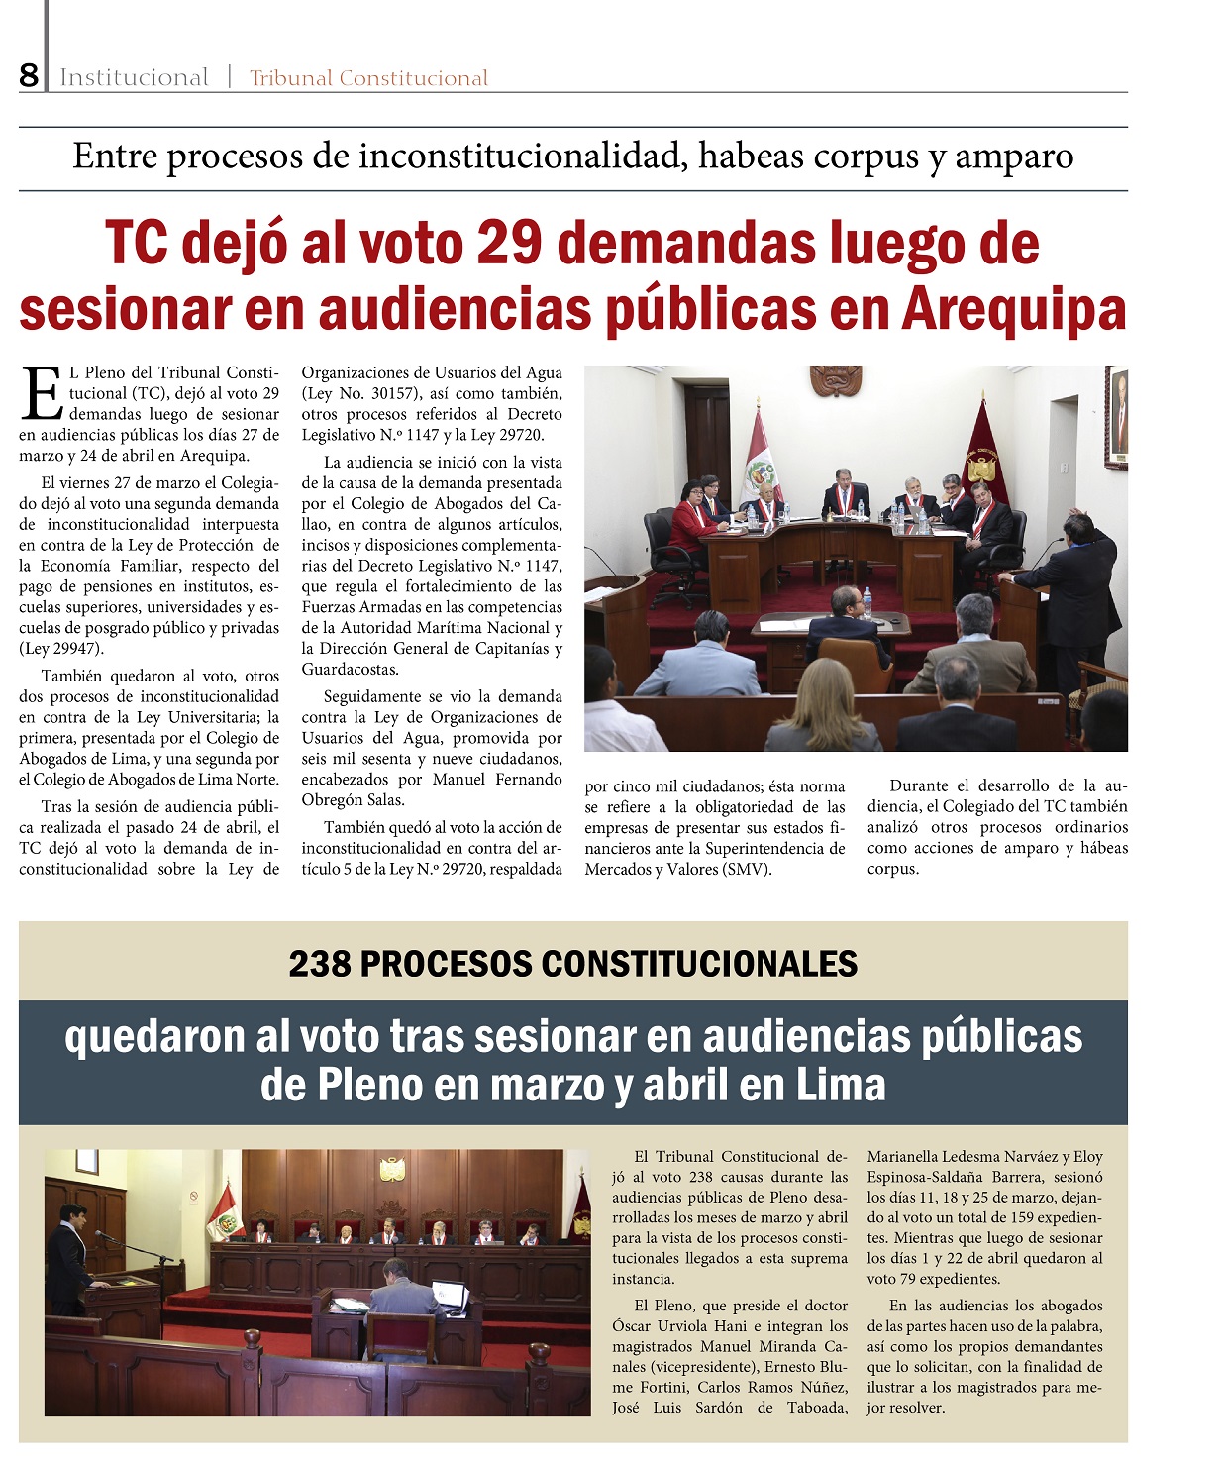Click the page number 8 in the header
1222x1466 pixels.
click(29, 76)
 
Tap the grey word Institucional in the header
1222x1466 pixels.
click(134, 78)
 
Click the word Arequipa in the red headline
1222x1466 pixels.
click(1013, 309)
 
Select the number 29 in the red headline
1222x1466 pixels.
click(510, 244)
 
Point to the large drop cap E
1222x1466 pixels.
click(42, 392)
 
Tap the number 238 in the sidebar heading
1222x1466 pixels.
click(320, 964)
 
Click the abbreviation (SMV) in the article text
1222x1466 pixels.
click(747, 870)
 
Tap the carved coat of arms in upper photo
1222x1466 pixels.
click(836, 380)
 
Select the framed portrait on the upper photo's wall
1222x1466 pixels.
click(1118, 417)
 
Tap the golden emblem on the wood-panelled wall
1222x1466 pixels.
click(393, 1170)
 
